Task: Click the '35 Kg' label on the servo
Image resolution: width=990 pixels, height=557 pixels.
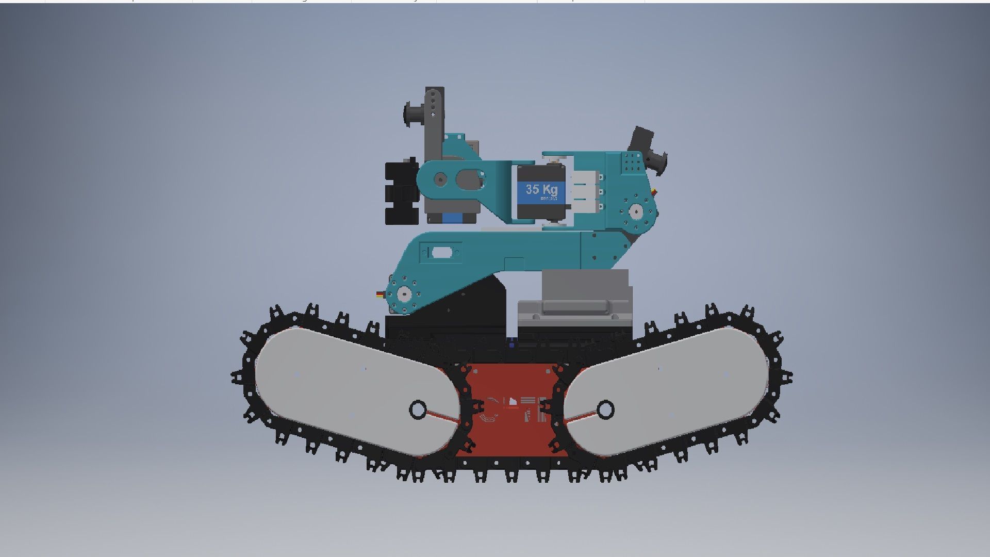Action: tap(541, 189)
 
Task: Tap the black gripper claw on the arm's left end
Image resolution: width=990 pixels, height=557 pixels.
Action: tap(401, 193)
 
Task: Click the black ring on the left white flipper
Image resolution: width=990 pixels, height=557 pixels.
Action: tap(418, 409)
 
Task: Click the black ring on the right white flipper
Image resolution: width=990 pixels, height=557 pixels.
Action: tap(605, 409)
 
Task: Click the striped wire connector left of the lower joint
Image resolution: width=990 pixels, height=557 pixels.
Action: tap(381, 294)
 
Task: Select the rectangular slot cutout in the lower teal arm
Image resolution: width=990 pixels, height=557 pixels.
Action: tap(441, 252)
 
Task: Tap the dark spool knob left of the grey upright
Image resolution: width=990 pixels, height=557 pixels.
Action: tap(412, 113)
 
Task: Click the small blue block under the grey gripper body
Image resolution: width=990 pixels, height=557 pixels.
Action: tap(452, 218)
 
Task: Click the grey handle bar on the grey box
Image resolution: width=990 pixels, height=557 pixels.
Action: tap(573, 307)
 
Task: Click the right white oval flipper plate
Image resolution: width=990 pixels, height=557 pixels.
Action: tap(670, 392)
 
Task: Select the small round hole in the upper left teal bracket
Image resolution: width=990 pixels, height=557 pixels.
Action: tap(440, 179)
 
